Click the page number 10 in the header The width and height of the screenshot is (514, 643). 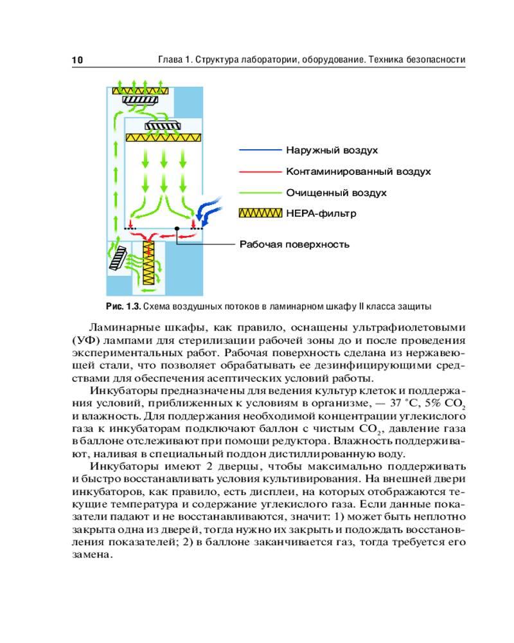pos(77,60)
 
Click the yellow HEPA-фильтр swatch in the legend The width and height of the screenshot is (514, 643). pos(260,213)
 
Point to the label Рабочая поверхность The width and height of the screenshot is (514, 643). pos(294,244)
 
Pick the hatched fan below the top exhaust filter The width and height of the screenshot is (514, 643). pos(139,100)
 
